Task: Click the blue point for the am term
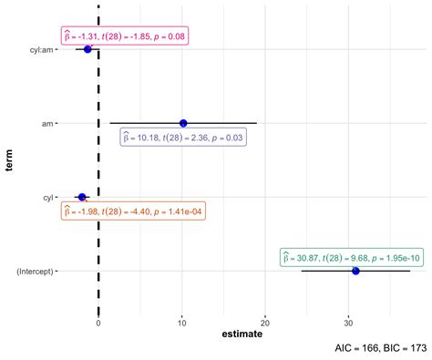click(x=183, y=123)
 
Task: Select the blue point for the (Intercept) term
click(x=355, y=271)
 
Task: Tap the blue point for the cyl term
click(x=82, y=197)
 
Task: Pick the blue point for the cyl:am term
click(x=87, y=49)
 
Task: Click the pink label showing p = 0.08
click(x=124, y=36)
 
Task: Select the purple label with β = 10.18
click(x=185, y=138)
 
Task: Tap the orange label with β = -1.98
click(x=133, y=211)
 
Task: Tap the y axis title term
click(x=9, y=160)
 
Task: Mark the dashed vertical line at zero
click(x=98, y=164)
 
